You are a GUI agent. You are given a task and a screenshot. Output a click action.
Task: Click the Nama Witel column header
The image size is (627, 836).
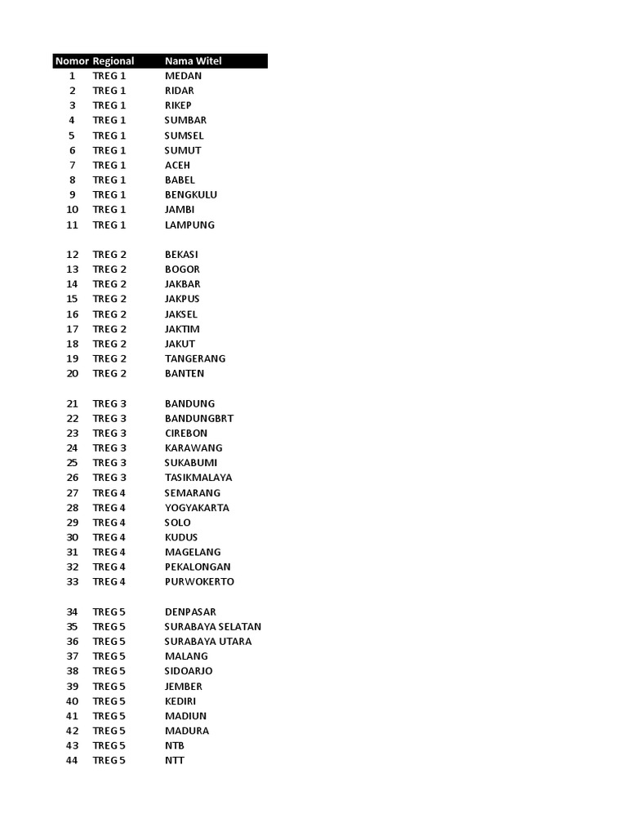click(x=193, y=61)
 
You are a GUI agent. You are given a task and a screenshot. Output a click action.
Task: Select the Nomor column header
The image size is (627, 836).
click(x=71, y=61)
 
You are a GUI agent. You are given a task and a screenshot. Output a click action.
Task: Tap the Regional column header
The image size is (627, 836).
click(x=113, y=61)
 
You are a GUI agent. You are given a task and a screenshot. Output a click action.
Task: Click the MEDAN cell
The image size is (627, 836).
click(x=183, y=76)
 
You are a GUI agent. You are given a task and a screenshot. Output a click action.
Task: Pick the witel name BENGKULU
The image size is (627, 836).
click(x=191, y=195)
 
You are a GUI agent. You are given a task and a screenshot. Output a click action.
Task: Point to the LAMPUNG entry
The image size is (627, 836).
click(x=189, y=225)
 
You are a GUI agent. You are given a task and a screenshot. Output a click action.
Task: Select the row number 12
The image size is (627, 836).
click(x=73, y=255)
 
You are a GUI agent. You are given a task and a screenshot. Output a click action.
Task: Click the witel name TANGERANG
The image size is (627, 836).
click(x=195, y=358)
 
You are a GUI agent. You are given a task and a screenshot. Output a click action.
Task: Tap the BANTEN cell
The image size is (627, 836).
click(x=185, y=374)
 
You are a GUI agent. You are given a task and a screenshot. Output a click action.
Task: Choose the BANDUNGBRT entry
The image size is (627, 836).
click(x=199, y=418)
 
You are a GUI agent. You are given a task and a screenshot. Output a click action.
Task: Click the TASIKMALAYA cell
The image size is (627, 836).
click(x=198, y=478)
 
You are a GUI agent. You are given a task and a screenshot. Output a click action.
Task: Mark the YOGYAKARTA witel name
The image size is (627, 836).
click(x=197, y=508)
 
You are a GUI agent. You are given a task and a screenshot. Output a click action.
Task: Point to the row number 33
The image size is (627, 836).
click(x=73, y=582)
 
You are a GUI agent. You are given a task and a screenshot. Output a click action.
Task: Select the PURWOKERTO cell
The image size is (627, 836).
click(x=199, y=582)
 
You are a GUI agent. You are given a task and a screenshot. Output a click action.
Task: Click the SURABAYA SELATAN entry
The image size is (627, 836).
click(x=213, y=627)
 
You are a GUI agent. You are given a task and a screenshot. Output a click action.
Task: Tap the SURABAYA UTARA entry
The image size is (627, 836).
click(x=208, y=642)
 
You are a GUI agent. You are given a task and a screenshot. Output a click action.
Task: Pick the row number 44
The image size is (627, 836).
click(x=73, y=761)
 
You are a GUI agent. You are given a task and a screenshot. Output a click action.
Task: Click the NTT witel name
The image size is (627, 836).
click(x=175, y=761)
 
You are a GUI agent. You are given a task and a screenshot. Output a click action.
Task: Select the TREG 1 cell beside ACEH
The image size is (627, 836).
click(x=109, y=165)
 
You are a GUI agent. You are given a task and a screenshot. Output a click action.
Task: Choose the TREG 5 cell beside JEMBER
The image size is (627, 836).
click(x=109, y=687)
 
